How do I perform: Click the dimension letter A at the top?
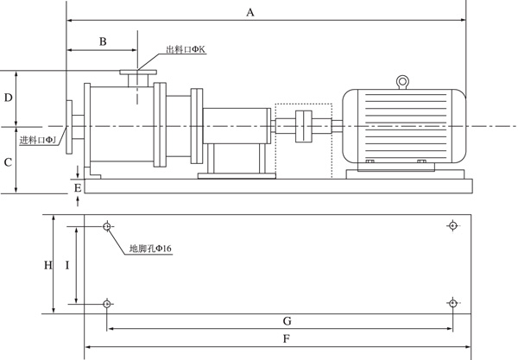(250, 12)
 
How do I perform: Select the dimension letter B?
(102, 41)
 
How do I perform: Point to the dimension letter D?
(8, 98)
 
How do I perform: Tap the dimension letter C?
(8, 161)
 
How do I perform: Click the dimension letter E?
(79, 186)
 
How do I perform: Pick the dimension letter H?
(48, 265)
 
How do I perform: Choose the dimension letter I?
(67, 265)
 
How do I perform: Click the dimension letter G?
(287, 320)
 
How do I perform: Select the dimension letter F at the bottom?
(286, 339)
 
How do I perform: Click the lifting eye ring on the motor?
(402, 82)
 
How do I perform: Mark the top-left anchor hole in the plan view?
(106, 226)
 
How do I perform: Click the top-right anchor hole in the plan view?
(452, 226)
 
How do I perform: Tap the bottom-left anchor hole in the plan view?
(106, 303)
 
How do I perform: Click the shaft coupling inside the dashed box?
(304, 127)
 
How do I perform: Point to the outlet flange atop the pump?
(138, 74)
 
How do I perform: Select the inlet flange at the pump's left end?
(68, 127)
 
